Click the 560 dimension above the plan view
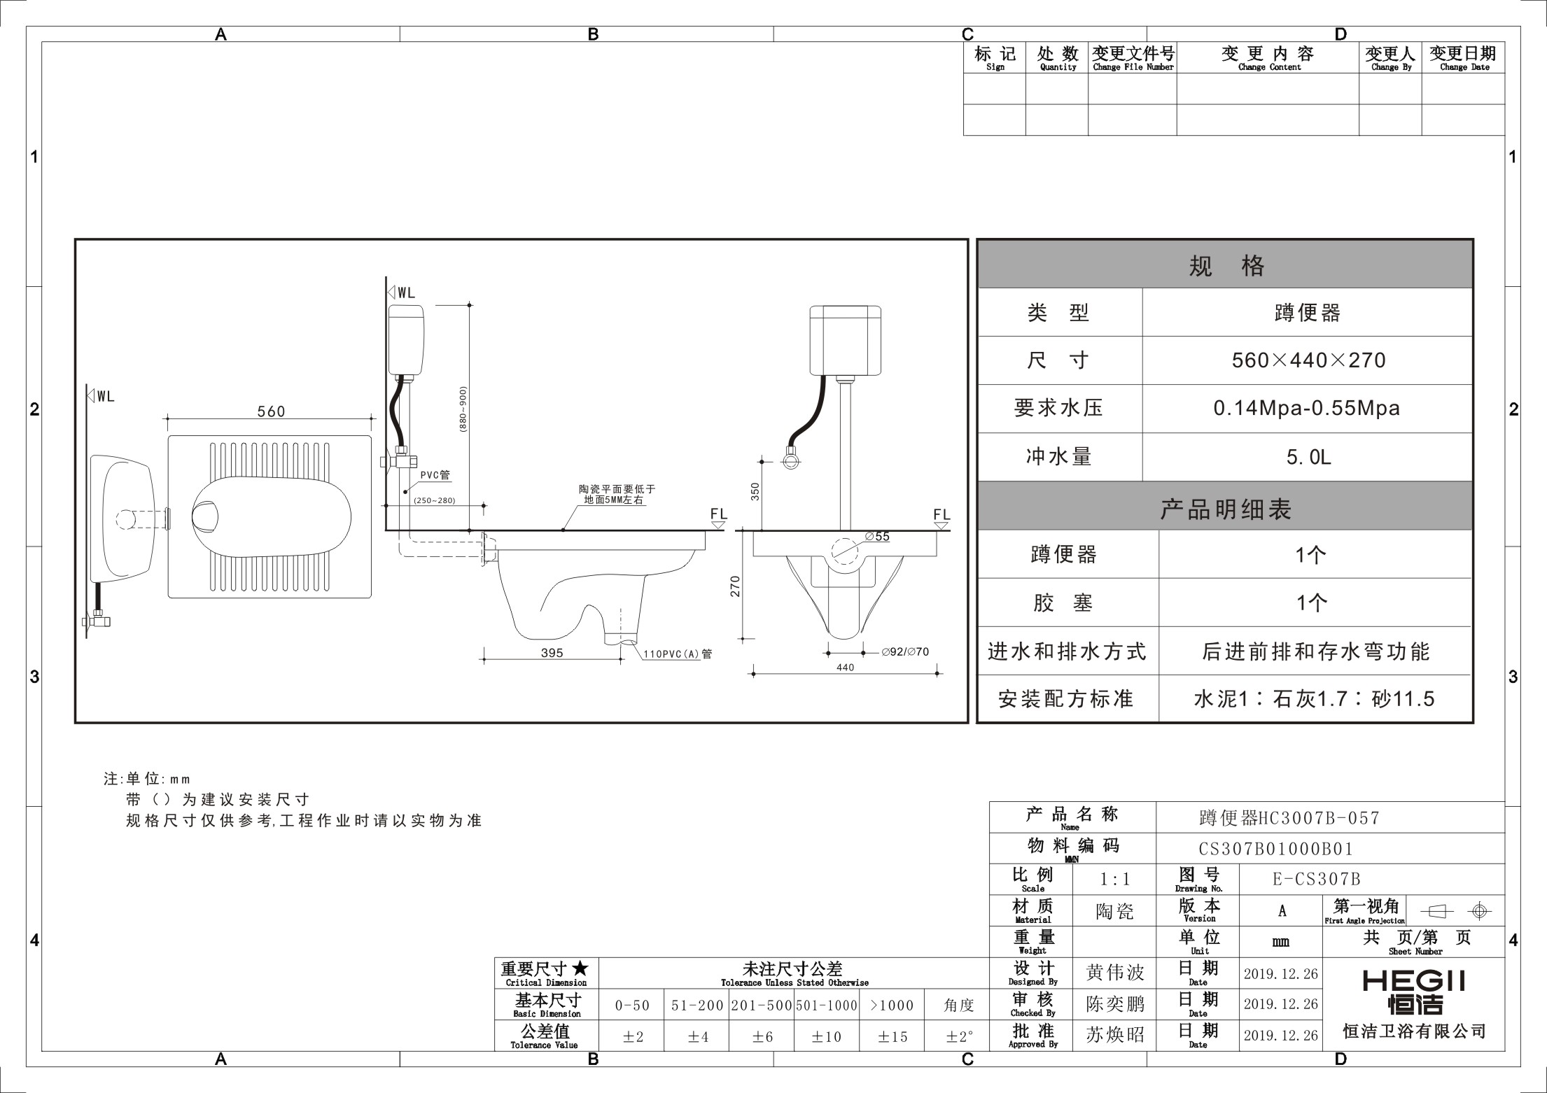(x=271, y=411)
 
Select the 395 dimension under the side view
(x=552, y=653)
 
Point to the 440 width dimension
(x=845, y=668)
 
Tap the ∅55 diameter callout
(x=877, y=537)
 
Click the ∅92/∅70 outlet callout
(x=905, y=652)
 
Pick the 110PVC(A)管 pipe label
(x=678, y=654)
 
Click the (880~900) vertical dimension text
(x=463, y=409)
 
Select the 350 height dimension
(x=755, y=491)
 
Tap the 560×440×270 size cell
(x=1308, y=360)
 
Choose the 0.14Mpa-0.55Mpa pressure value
(x=1307, y=409)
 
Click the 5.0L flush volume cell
(x=1308, y=457)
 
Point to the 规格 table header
(x=1225, y=265)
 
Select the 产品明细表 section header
(x=1225, y=509)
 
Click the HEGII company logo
(x=1413, y=992)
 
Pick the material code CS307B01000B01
(x=1275, y=849)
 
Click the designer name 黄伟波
(x=1114, y=973)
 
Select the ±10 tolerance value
(x=826, y=1037)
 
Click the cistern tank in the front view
(x=845, y=340)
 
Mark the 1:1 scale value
(x=1114, y=880)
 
